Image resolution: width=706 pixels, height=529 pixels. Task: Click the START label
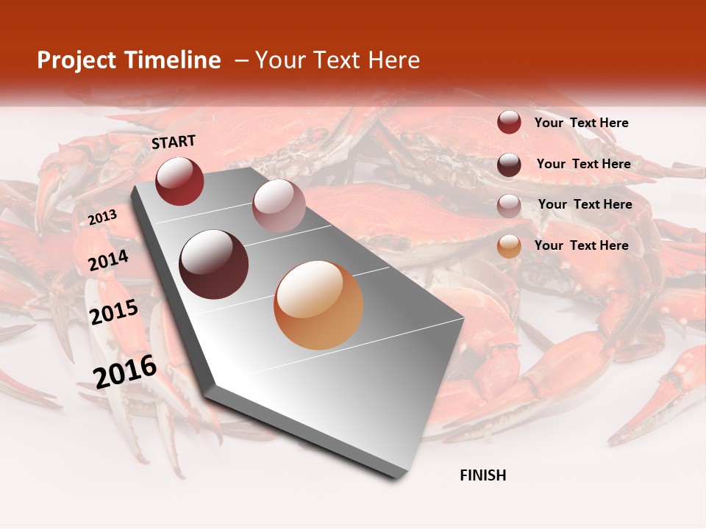[174, 142]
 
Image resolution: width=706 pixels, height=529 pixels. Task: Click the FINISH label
[482, 475]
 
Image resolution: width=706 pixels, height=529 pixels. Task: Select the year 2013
[102, 217]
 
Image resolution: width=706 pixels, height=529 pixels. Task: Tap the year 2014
[108, 260]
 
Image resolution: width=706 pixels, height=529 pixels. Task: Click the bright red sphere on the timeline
[179, 181]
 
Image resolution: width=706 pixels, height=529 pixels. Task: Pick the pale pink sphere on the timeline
[278, 206]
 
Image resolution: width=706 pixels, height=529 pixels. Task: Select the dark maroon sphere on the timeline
[213, 264]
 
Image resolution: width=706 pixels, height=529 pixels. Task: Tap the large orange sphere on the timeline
[318, 305]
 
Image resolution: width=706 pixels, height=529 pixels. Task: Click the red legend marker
[509, 123]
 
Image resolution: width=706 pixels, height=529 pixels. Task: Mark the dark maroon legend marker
[509, 165]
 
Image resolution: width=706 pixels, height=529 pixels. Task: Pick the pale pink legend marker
[509, 205]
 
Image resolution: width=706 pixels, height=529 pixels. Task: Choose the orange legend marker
[509, 246]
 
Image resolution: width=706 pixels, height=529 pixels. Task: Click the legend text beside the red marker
[581, 123]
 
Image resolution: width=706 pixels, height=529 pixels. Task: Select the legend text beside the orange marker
[581, 245]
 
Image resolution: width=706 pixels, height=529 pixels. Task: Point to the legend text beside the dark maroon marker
[583, 164]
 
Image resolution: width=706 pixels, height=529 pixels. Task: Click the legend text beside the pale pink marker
[585, 204]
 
